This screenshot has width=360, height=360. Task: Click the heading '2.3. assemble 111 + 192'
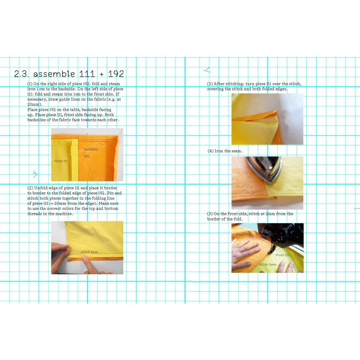coord(69,74)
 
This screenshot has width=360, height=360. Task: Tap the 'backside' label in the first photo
coord(91,149)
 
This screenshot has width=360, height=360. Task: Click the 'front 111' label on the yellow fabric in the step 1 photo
coord(61,161)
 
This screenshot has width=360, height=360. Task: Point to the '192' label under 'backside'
coord(86,156)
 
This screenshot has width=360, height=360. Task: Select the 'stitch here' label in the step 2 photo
coord(89,252)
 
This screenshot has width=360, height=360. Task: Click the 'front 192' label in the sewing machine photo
coord(243,234)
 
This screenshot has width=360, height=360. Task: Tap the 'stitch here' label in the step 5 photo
coord(268,265)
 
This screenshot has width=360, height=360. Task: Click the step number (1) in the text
coord(30,84)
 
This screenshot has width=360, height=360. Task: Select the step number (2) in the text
coord(30,188)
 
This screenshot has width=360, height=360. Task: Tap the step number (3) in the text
coord(210,84)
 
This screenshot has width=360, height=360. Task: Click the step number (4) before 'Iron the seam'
coord(211,151)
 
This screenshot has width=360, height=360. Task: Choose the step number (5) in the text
coord(210,214)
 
